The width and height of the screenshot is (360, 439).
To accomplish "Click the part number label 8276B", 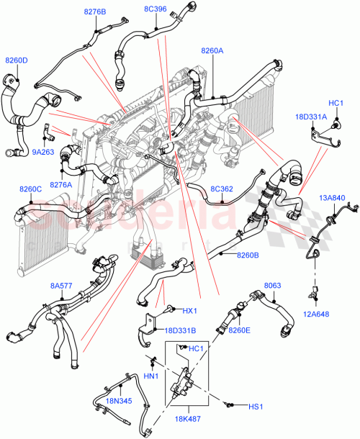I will click(95, 12).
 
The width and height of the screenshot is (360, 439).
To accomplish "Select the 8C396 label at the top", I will click(155, 9).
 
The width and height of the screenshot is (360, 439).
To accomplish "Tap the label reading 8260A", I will click(212, 50).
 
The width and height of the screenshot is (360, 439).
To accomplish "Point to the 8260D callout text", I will click(17, 60).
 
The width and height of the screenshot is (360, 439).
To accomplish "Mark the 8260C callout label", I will click(30, 189).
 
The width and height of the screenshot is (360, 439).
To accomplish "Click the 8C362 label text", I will click(221, 189).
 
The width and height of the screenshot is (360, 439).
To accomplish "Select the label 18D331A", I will click(310, 116).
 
